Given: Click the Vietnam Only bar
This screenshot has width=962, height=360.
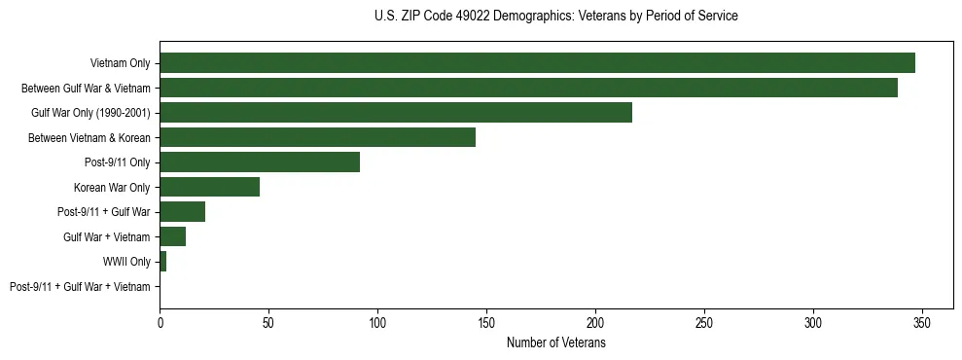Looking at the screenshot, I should click(x=537, y=63).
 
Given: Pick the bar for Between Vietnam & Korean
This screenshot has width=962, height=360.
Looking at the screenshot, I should click(x=317, y=137).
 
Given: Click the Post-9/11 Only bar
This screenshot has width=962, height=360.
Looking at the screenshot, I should click(x=260, y=162).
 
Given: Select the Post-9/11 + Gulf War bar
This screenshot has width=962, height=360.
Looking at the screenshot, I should click(x=182, y=212).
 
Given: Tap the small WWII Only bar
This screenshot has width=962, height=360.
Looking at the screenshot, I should click(x=162, y=262).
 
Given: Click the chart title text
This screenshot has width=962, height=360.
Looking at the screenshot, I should click(x=555, y=17).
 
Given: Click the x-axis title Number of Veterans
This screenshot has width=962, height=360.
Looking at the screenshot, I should click(x=555, y=343).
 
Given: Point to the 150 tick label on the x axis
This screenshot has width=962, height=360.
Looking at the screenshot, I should click(x=486, y=322).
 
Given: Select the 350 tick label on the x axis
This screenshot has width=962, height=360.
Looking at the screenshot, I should click(x=922, y=322).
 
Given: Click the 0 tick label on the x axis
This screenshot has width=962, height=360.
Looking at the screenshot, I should click(x=160, y=322).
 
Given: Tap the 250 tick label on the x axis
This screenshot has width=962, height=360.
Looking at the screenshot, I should click(x=704, y=322).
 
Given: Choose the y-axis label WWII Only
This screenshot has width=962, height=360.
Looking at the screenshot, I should click(x=126, y=262).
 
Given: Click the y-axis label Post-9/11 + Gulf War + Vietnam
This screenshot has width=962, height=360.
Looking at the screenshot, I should click(x=80, y=287).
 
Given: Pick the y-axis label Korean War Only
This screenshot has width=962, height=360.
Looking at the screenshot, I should click(x=112, y=187).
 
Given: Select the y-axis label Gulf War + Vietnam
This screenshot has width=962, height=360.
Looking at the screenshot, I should click(x=106, y=237).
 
